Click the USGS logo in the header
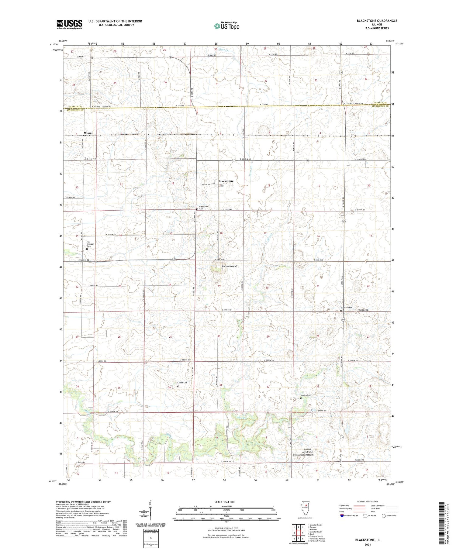[x=69, y=24]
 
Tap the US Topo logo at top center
[x=226, y=26]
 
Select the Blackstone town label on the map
[x=226, y=181]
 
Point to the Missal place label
[x=88, y=133]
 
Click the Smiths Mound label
[x=229, y=266]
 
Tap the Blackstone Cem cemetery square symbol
[x=197, y=209]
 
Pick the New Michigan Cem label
[x=90, y=244]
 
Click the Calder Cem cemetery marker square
[x=178, y=386]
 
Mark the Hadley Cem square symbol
[x=301, y=398]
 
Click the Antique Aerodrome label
[x=308, y=451]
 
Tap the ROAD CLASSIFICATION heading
[x=368, y=501]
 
